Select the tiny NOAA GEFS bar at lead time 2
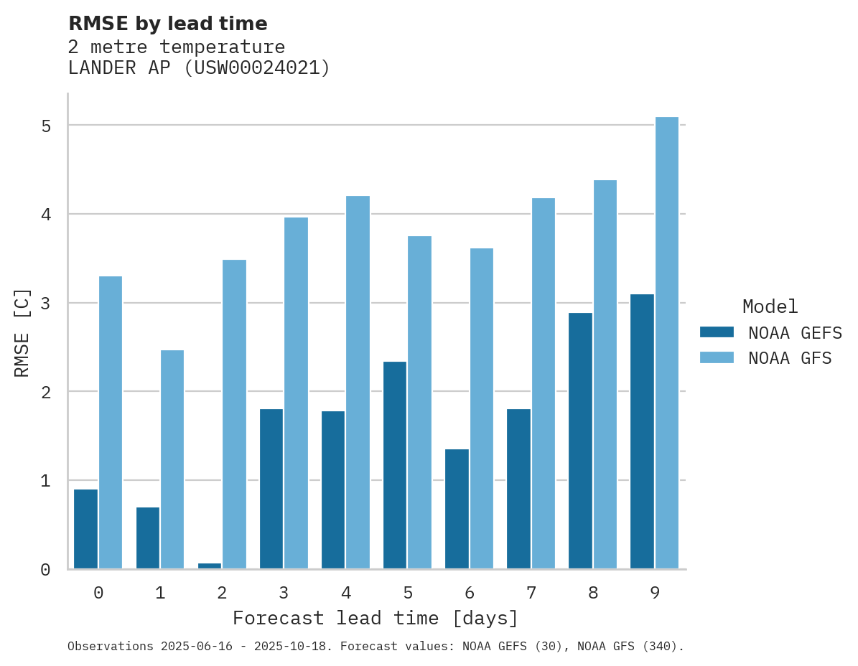[210, 566]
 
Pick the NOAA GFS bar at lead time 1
[172, 459]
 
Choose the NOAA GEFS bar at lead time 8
[580, 441]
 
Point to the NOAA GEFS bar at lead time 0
[86, 529]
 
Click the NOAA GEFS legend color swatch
[717, 332]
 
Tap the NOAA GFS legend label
[790, 358]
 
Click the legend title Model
[770, 307]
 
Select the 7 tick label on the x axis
[531, 593]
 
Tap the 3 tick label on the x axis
[284, 593]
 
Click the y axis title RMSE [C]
[22, 332]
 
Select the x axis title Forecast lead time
[375, 618]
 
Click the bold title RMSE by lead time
[167, 24]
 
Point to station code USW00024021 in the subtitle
[257, 68]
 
